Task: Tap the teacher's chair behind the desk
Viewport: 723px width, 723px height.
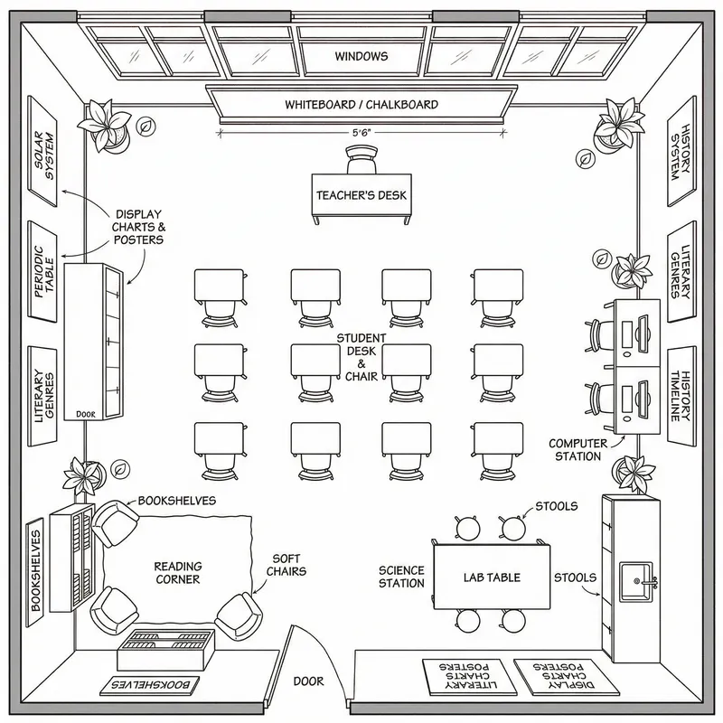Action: click(x=361, y=162)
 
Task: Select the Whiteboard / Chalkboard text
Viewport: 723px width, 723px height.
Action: click(x=361, y=105)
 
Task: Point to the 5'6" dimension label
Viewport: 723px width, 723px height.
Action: click(x=361, y=133)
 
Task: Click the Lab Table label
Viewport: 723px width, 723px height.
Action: click(x=492, y=577)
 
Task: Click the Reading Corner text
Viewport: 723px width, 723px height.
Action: click(x=177, y=573)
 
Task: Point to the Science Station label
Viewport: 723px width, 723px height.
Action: click(x=401, y=577)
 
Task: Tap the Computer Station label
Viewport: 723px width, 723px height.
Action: click(x=576, y=449)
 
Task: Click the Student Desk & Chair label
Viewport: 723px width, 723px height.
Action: click(x=361, y=356)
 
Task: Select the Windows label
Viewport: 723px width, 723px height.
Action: click(x=361, y=56)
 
